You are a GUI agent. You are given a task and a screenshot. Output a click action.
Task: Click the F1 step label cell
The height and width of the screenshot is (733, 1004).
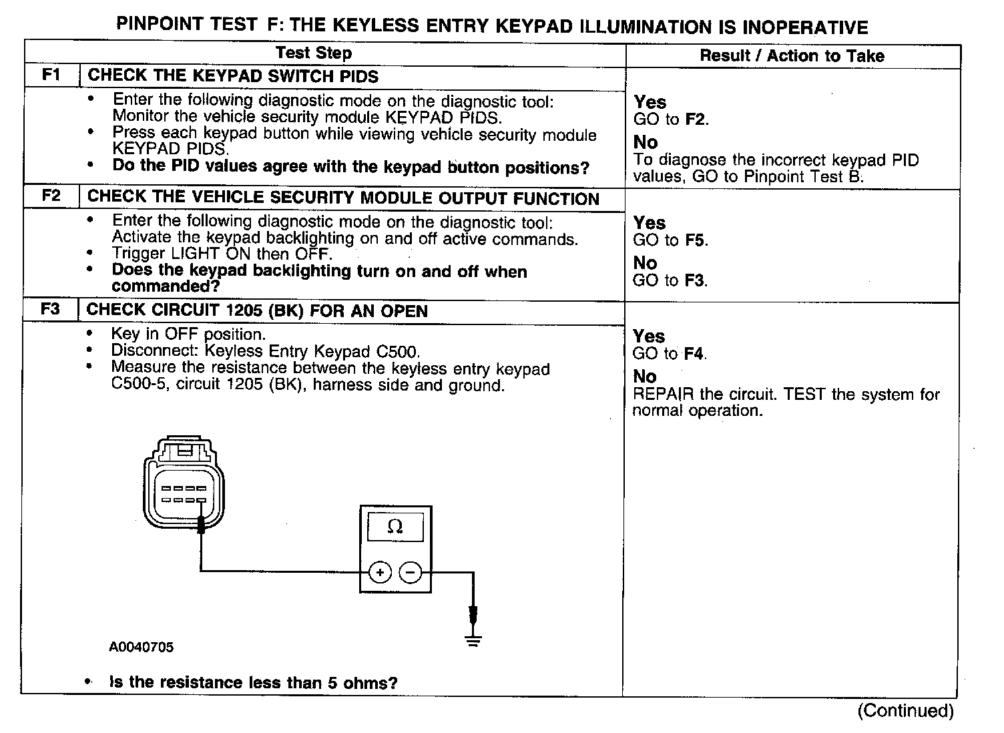click(x=51, y=75)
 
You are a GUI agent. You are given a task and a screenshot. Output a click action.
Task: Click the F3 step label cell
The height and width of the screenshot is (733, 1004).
click(x=51, y=310)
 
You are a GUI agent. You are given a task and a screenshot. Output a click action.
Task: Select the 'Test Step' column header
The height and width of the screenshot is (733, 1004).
click(x=314, y=53)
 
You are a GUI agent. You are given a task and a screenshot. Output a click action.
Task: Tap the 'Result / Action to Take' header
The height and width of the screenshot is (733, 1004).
click(x=792, y=56)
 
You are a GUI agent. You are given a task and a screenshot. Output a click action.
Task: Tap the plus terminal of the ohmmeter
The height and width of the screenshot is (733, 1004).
click(x=380, y=572)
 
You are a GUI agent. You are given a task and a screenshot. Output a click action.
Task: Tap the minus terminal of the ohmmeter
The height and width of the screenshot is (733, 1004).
click(x=410, y=572)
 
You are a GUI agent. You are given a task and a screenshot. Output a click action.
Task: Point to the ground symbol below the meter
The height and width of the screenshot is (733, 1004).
click(x=473, y=642)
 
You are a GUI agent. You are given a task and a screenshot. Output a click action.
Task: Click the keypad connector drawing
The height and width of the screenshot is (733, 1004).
click(x=184, y=484)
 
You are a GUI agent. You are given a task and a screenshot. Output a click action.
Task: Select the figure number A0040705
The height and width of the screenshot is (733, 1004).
click(x=142, y=647)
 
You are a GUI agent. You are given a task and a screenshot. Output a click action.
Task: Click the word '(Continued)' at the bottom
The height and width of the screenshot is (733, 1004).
click(x=906, y=710)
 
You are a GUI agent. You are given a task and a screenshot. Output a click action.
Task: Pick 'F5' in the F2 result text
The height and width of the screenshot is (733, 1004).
click(x=696, y=240)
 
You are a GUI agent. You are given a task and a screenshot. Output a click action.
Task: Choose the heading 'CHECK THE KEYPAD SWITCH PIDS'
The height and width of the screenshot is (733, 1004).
click(x=233, y=76)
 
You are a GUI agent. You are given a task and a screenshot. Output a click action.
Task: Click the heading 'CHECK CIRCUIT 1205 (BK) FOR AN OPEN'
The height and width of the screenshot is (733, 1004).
click(x=257, y=311)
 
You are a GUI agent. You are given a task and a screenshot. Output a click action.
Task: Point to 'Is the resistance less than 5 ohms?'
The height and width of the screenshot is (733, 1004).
click(x=254, y=682)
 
